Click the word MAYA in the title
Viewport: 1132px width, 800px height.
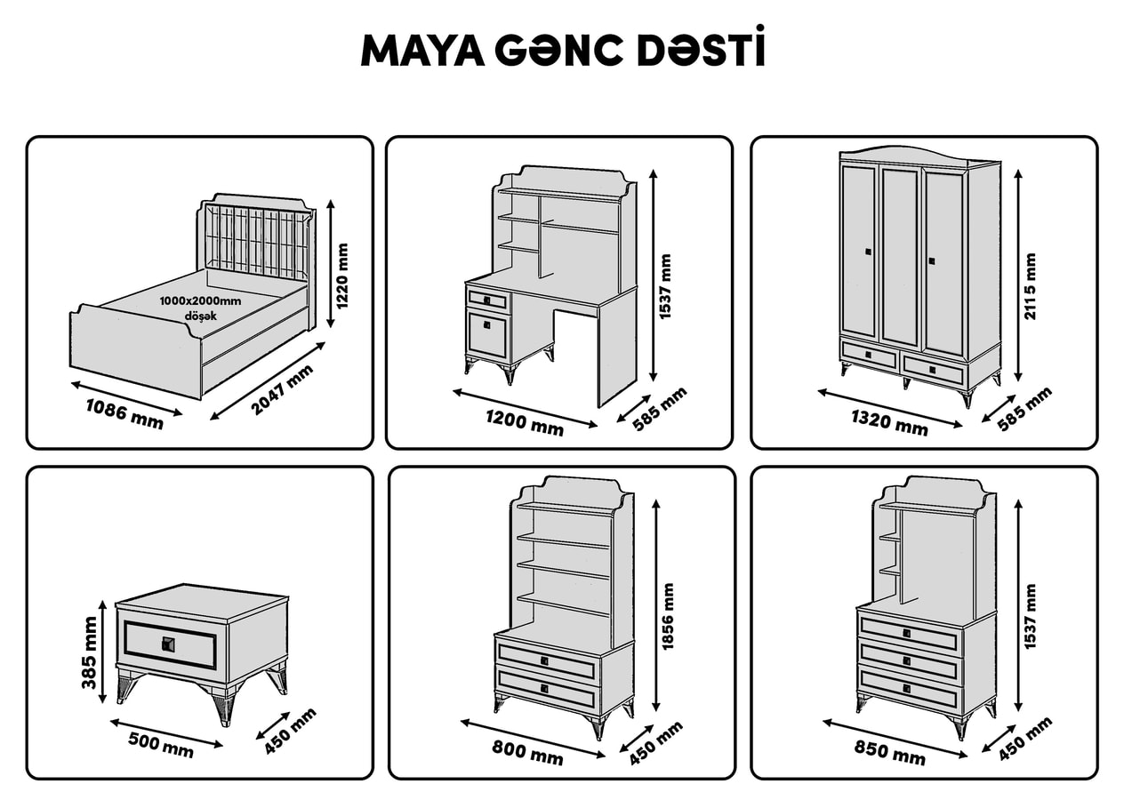tap(422, 52)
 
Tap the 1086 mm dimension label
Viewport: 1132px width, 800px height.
tap(124, 413)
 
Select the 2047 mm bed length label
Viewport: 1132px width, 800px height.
tap(283, 389)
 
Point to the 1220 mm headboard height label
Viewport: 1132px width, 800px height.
tap(342, 276)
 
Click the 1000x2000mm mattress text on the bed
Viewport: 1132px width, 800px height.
tap(201, 301)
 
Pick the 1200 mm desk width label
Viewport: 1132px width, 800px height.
tap(525, 423)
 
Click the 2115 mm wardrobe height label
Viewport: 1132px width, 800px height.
tap(1030, 286)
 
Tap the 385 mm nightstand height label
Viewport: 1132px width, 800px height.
tap(89, 652)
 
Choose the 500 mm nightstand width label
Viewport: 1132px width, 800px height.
tap(161, 744)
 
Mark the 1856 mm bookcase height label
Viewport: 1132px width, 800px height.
tap(668, 617)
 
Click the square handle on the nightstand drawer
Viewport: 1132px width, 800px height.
tap(168, 644)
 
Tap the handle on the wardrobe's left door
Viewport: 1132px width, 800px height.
tap(868, 252)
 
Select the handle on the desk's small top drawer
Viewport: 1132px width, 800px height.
tap(486, 300)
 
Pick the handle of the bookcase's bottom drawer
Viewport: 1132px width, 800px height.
tap(545, 688)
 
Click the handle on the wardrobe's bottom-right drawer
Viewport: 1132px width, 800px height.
tap(933, 367)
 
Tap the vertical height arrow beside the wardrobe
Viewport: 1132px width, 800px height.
tap(1018, 276)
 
